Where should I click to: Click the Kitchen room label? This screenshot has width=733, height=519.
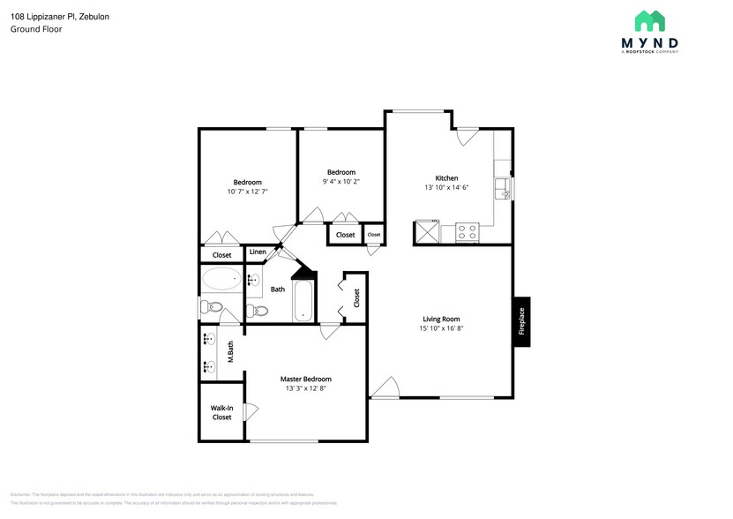pyautogui.click(x=445, y=177)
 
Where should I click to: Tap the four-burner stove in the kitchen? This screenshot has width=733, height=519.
pyautogui.click(x=467, y=233)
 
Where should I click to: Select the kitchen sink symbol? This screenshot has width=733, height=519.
pyautogui.click(x=502, y=187)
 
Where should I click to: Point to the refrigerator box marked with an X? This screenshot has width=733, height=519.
pyautogui.click(x=427, y=233)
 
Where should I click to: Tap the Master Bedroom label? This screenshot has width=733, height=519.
pyautogui.click(x=306, y=379)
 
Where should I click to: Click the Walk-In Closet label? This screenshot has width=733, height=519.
pyautogui.click(x=221, y=412)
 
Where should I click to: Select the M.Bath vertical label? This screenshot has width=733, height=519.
pyautogui.click(x=230, y=352)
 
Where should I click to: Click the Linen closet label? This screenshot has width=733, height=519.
pyautogui.click(x=258, y=252)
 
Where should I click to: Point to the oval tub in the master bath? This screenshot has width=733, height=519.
pyautogui.click(x=221, y=280)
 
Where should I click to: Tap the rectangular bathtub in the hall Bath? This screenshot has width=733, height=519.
pyautogui.click(x=303, y=302)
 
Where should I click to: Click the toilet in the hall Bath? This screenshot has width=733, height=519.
pyautogui.click(x=257, y=311)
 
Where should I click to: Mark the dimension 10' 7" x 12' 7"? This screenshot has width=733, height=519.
pyautogui.click(x=247, y=192)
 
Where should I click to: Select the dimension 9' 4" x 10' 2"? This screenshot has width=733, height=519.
pyautogui.click(x=341, y=182)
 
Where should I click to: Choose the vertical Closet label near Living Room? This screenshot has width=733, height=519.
pyautogui.click(x=356, y=298)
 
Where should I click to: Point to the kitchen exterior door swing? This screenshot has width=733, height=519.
pyautogui.click(x=467, y=136)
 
